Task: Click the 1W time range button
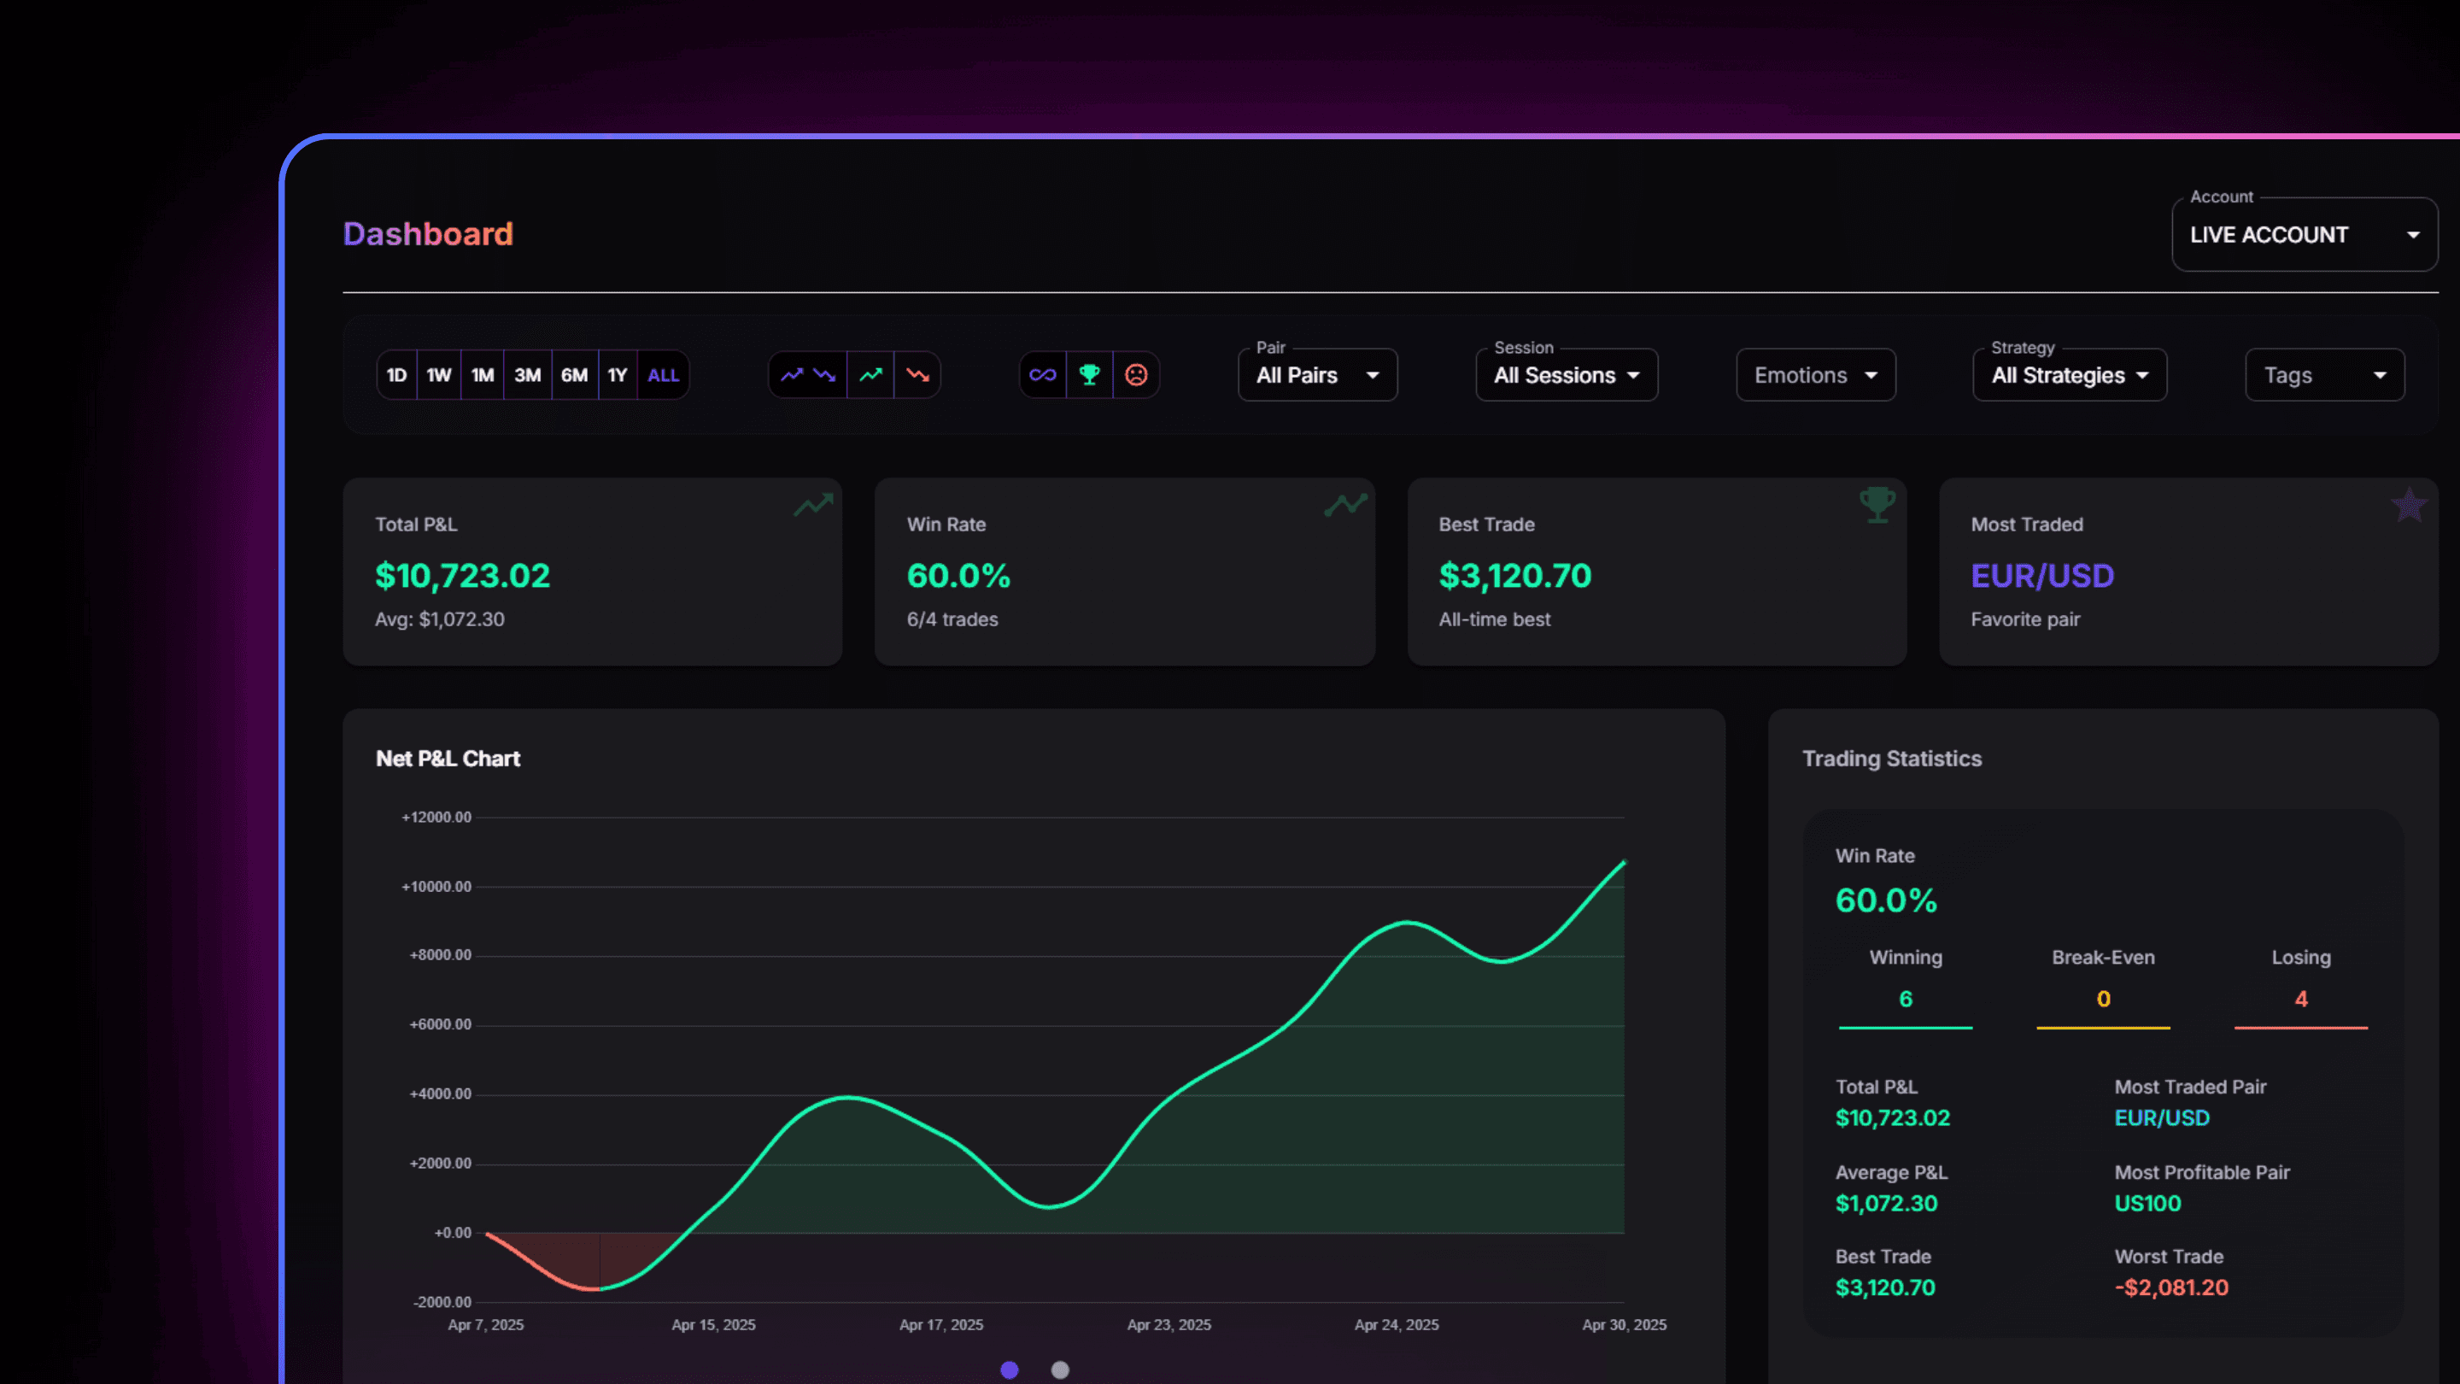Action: coord(438,375)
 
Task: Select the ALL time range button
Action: coord(664,375)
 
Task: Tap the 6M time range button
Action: coord(574,375)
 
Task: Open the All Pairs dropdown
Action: coord(1317,375)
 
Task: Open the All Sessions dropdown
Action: coord(1567,375)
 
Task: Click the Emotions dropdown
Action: coord(1815,375)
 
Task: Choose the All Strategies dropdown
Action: coord(2070,375)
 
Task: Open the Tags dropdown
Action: coord(2324,375)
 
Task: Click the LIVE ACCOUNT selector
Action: coord(2305,235)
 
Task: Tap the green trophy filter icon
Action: coord(1089,375)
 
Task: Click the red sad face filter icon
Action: coord(1135,375)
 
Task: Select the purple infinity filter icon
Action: coord(1043,375)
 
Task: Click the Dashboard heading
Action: coord(428,234)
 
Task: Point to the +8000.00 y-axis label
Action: coord(440,955)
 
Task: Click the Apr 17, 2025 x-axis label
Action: coord(940,1325)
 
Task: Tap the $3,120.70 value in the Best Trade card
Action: coord(1514,576)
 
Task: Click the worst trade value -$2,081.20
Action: coord(2170,1287)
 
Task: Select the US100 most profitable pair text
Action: coord(2147,1204)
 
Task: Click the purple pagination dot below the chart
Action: coord(1010,1369)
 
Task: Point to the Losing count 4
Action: coord(2300,999)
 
